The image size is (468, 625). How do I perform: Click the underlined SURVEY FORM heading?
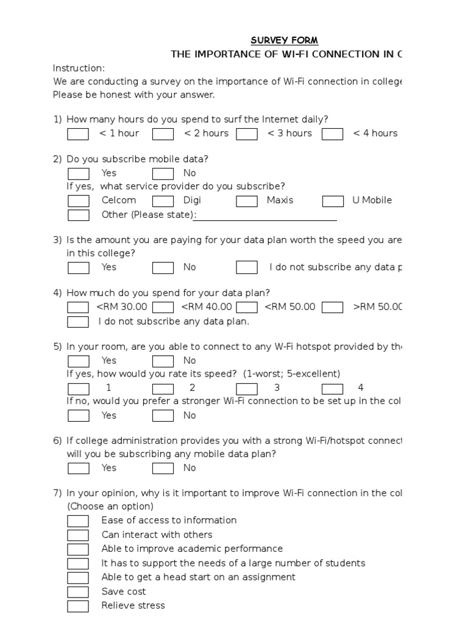pyautogui.click(x=285, y=40)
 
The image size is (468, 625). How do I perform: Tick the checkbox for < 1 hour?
pyautogui.click(x=78, y=134)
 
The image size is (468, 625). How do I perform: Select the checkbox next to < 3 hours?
pyautogui.click(x=247, y=134)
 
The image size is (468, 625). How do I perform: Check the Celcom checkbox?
pyautogui.click(x=78, y=201)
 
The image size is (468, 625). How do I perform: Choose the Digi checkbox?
pyautogui.click(x=163, y=201)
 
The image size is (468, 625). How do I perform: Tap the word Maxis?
pyautogui.click(x=280, y=200)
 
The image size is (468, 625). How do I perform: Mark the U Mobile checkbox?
pyautogui.click(x=332, y=201)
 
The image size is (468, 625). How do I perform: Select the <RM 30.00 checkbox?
pyautogui.click(x=78, y=308)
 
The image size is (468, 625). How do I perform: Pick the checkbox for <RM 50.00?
pyautogui.click(x=247, y=308)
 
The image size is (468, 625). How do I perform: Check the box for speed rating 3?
pyautogui.click(x=247, y=388)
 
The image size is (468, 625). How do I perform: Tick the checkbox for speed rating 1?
pyautogui.click(x=78, y=388)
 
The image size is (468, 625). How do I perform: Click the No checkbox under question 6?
pyautogui.click(x=163, y=469)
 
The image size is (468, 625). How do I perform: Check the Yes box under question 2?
pyautogui.click(x=78, y=174)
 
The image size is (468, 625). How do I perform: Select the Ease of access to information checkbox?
pyautogui.click(x=78, y=521)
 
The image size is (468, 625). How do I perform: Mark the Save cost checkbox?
pyautogui.click(x=78, y=592)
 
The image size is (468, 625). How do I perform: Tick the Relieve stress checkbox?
pyautogui.click(x=78, y=606)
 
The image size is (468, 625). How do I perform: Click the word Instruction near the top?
pyautogui.click(x=79, y=68)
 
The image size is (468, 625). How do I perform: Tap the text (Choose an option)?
pyautogui.click(x=110, y=507)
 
